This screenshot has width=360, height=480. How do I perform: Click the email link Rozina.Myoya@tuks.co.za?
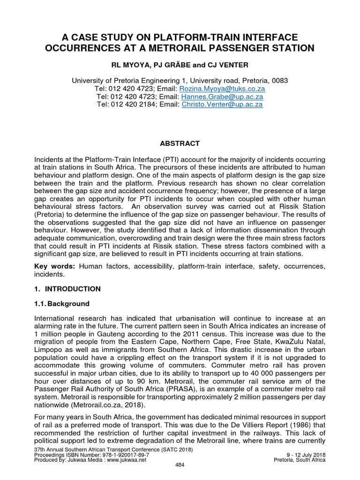(x=220, y=89)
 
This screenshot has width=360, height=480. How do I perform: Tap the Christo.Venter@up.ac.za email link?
(x=222, y=105)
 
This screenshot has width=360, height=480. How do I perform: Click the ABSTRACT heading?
(x=180, y=143)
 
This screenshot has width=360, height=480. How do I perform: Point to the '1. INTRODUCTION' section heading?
(x=67, y=289)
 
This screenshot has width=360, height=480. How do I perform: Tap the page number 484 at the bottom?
(x=180, y=464)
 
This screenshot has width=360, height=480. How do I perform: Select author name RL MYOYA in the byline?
(x=140, y=65)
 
